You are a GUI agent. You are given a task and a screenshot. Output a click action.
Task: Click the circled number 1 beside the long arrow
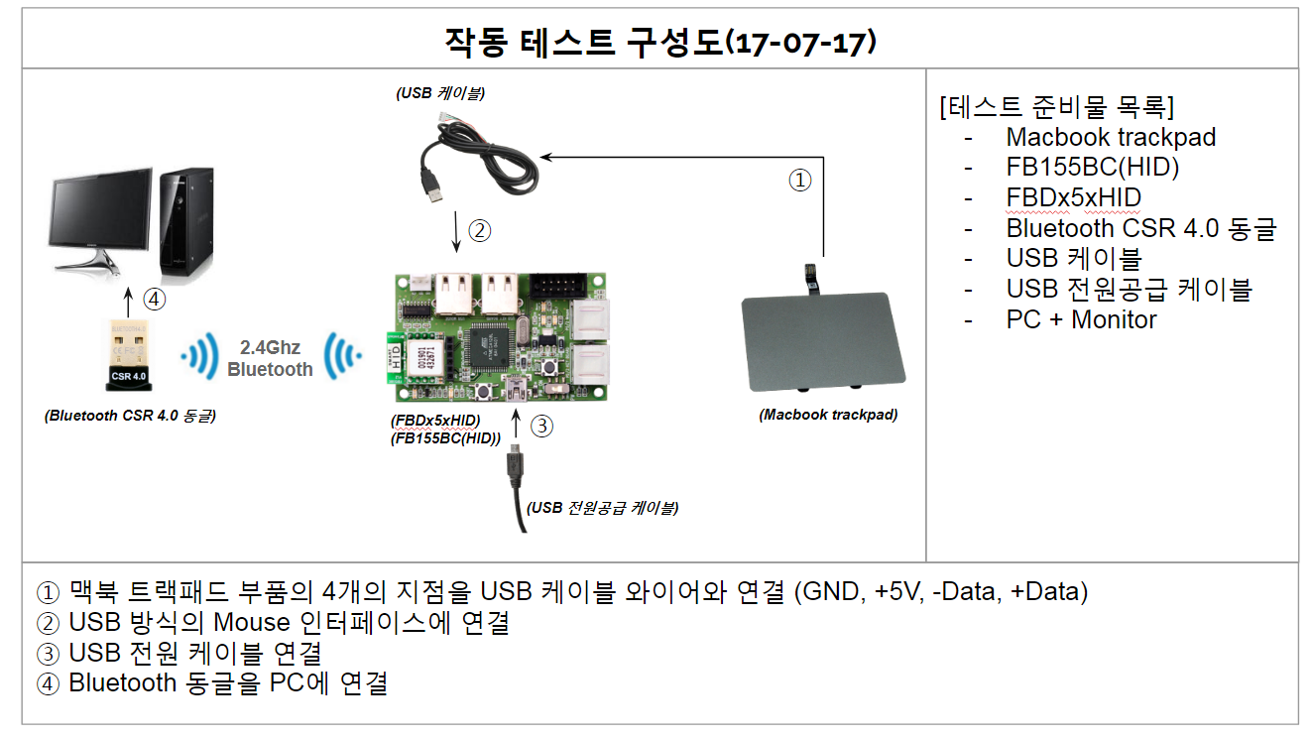pos(799,181)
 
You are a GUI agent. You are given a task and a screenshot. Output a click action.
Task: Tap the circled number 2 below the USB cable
pos(479,231)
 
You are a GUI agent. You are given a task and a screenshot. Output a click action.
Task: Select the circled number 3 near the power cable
pos(541,427)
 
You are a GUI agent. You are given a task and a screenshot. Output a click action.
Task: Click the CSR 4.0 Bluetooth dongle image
pos(127,355)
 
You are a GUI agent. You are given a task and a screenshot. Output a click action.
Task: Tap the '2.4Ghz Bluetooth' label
pos(270,358)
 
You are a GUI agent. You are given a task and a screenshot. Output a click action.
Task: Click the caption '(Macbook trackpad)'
pos(828,415)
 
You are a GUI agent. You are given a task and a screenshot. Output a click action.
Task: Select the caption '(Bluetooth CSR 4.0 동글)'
pos(130,416)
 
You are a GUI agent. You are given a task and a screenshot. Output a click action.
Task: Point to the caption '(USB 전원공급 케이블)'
pos(603,508)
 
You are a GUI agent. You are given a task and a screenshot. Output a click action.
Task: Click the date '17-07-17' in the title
pos(802,43)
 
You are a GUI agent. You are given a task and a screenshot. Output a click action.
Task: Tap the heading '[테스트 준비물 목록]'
pos(1056,106)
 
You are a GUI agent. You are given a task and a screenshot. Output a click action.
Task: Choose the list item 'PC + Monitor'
pos(1081,319)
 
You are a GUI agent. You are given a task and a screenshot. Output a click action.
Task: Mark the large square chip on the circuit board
pos(493,342)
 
